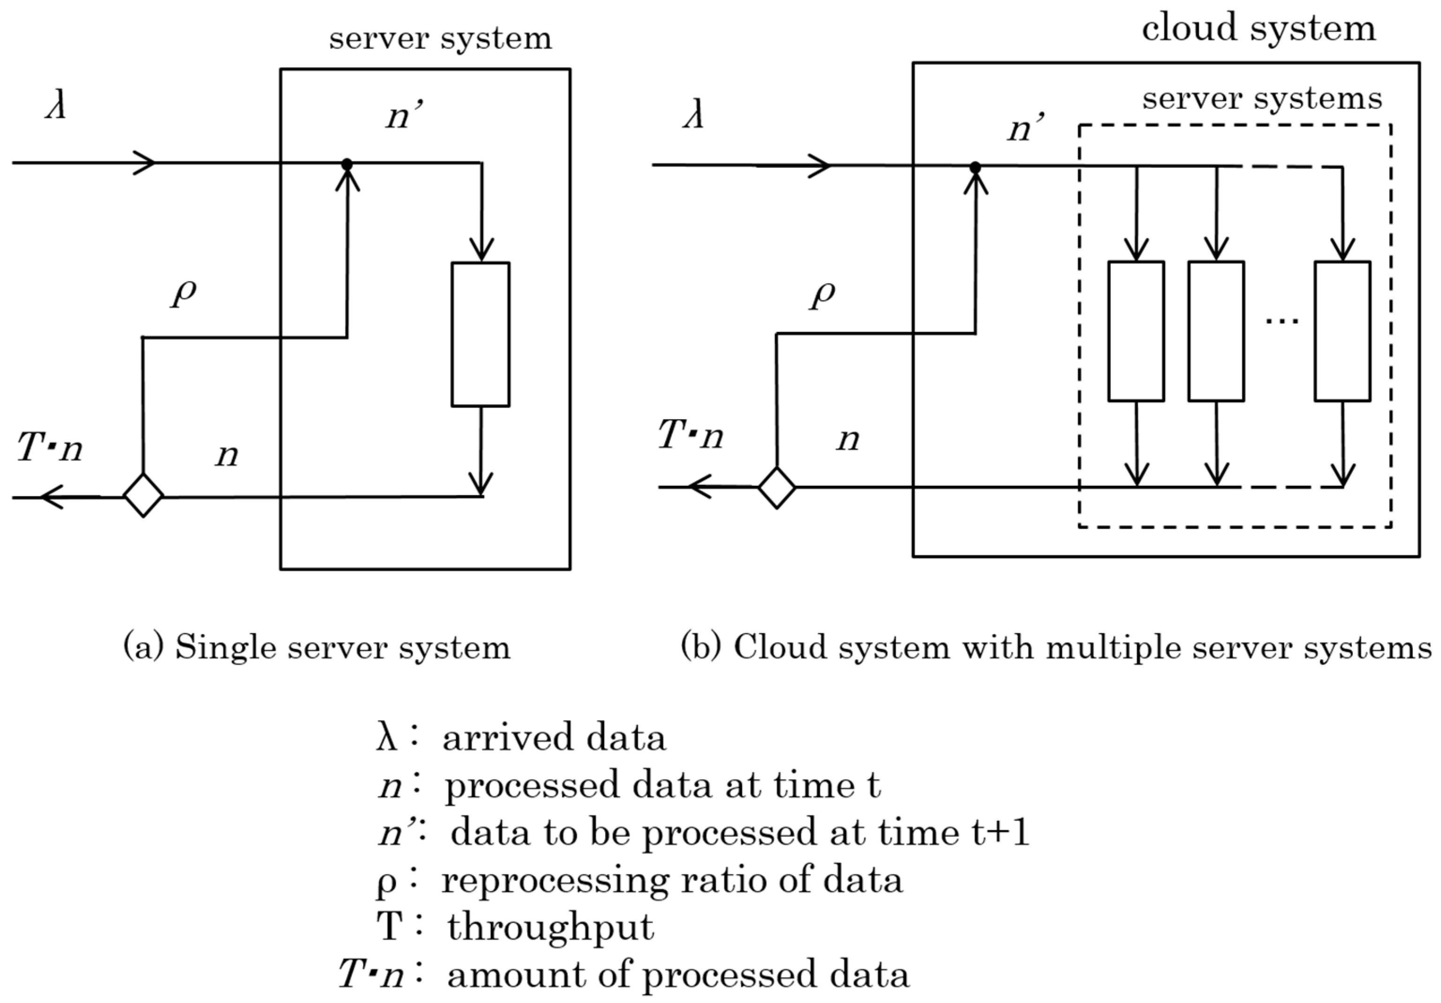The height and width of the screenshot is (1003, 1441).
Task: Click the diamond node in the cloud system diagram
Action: click(777, 487)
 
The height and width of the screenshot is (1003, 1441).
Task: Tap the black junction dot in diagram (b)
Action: click(975, 167)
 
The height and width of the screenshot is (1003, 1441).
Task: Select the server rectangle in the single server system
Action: click(481, 334)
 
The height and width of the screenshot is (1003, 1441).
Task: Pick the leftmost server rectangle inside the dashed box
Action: click(1136, 331)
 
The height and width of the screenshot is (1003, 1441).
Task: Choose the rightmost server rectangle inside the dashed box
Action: click(1343, 331)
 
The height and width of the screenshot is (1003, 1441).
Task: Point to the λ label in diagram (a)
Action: click(56, 107)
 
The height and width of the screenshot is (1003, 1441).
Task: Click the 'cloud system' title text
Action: click(1259, 28)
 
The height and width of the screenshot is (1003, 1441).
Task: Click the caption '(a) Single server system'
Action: click(317, 647)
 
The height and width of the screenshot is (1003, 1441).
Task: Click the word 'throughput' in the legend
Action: click(551, 927)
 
